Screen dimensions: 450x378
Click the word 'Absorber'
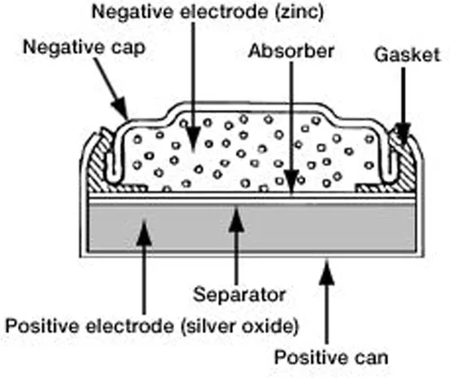(x=291, y=51)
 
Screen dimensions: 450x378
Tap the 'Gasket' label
(x=407, y=55)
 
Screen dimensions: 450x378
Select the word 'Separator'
(x=239, y=294)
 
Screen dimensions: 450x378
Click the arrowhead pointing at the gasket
(x=403, y=132)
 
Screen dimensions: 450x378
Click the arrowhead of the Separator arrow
(x=237, y=220)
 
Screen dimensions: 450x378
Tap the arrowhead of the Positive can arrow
(x=327, y=272)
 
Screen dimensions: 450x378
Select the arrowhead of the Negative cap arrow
(x=121, y=107)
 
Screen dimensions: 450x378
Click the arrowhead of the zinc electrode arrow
(x=193, y=139)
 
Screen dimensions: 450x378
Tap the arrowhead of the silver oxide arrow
(x=144, y=231)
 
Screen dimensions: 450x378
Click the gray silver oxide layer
(x=251, y=228)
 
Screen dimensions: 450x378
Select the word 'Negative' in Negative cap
(x=64, y=48)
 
